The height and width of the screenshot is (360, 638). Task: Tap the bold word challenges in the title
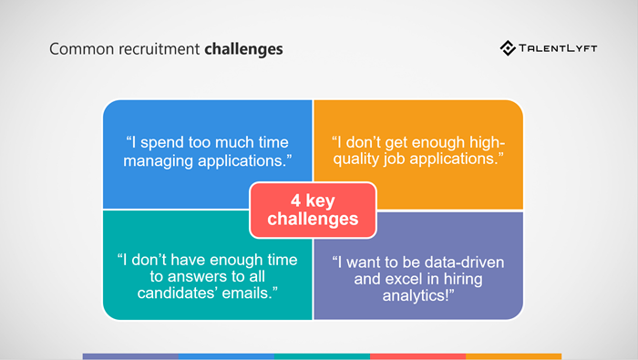click(x=243, y=48)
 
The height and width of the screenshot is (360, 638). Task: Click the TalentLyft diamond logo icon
click(x=509, y=47)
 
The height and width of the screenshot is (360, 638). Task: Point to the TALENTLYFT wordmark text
click(x=560, y=47)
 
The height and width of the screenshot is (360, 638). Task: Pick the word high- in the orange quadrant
click(x=482, y=142)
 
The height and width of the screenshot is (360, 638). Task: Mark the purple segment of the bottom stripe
click(x=129, y=356)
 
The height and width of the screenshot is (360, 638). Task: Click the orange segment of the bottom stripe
click(x=513, y=356)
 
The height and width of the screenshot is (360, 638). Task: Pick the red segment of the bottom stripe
click(x=417, y=356)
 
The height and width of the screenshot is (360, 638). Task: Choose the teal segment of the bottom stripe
click(x=322, y=356)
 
